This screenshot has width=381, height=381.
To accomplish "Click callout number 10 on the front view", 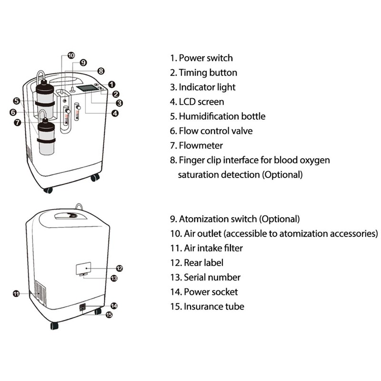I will click(x=71, y=56).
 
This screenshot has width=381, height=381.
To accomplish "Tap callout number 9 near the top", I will click(x=83, y=62).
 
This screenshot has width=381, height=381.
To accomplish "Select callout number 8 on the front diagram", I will click(x=100, y=70).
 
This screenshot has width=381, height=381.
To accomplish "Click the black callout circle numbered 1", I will click(x=111, y=84).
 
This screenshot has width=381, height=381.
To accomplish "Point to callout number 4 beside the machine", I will click(x=115, y=113).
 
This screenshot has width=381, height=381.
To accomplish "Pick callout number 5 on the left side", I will click(x=16, y=101).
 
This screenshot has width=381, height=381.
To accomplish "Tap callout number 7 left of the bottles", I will click(x=17, y=122).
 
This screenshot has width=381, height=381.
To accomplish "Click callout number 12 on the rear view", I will click(x=120, y=269).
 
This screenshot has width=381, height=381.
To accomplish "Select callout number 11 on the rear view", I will click(x=16, y=294).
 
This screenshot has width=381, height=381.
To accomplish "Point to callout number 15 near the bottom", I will click(x=109, y=315).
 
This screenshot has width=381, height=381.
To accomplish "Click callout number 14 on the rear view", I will click(x=114, y=305).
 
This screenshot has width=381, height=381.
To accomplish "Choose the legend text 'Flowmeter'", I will click(x=201, y=145).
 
